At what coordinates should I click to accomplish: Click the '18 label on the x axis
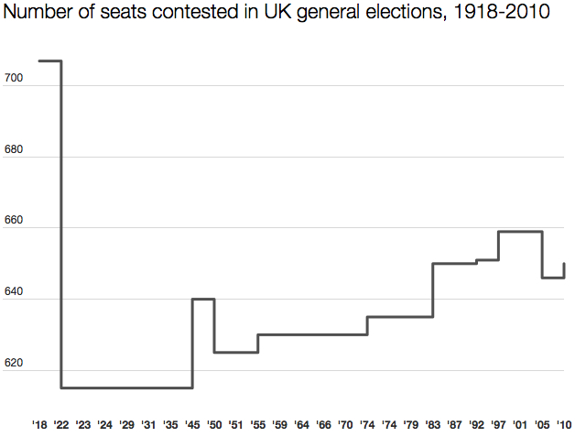click(39, 425)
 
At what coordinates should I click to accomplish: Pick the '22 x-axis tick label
click(61, 425)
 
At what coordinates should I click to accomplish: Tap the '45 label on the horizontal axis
click(192, 425)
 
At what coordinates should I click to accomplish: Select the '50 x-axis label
click(214, 425)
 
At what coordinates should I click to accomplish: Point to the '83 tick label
click(433, 425)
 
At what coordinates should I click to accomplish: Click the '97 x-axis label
click(498, 425)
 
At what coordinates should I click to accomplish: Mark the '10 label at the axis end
click(564, 425)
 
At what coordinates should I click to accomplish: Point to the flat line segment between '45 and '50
click(203, 299)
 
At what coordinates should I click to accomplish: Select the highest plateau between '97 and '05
click(520, 232)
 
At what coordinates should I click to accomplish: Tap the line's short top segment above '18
click(49, 61)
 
